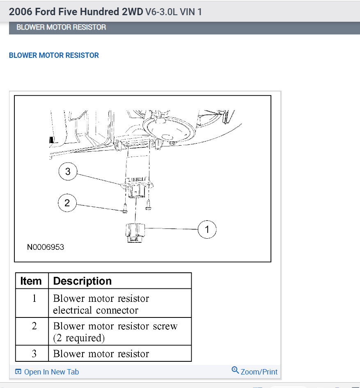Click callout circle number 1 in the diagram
(207, 229)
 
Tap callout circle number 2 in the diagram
(67, 203)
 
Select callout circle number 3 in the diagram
(68, 171)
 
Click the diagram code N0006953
(46, 247)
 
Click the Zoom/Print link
(255, 371)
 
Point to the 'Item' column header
(31, 281)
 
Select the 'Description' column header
(83, 281)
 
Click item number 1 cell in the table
(34, 298)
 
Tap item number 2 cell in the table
(34, 326)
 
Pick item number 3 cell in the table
(34, 354)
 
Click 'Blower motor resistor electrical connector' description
(101, 304)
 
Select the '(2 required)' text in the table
(79, 338)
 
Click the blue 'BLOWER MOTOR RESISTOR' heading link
(54, 55)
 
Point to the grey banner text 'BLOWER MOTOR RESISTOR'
(61, 27)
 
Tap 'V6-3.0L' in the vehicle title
(161, 11)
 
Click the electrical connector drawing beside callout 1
(135, 233)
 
